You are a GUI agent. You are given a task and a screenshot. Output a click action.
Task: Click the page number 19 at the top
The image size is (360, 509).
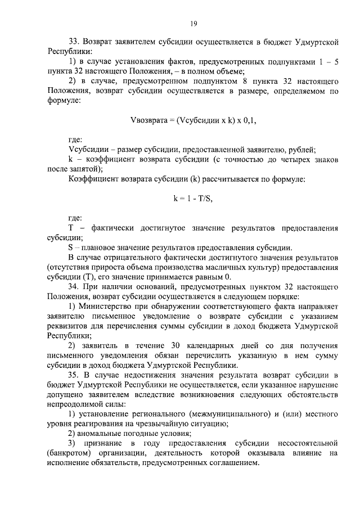pos(192,23)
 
